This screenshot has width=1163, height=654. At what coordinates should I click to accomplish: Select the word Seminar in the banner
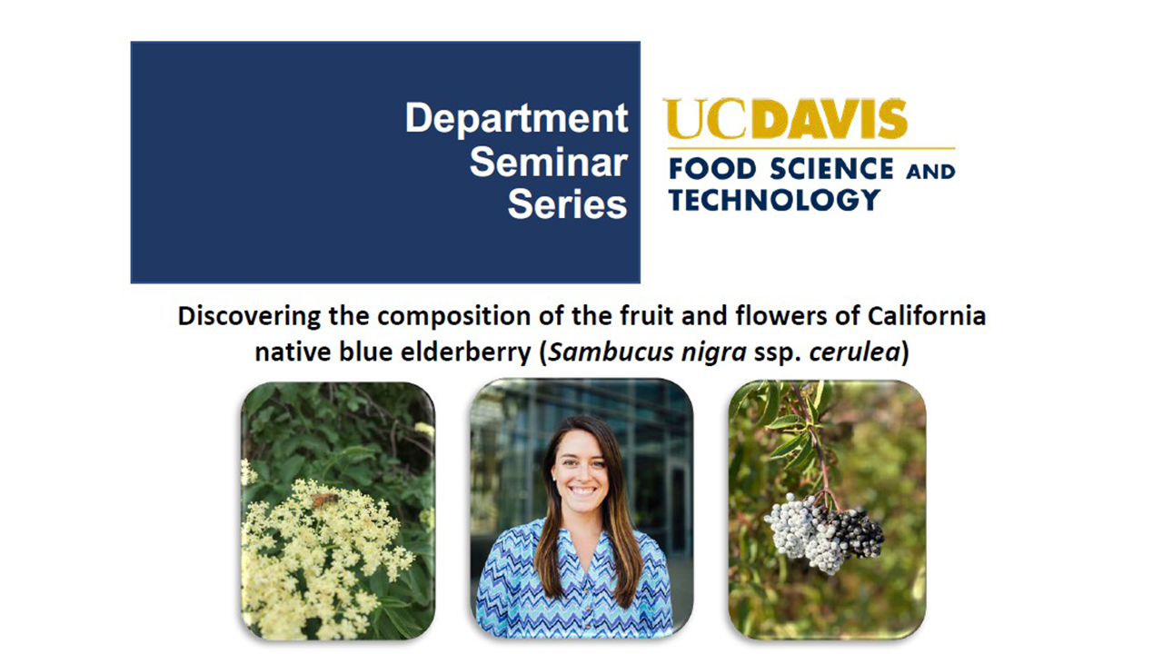[549, 163]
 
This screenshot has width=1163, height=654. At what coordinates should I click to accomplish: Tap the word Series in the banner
[568, 204]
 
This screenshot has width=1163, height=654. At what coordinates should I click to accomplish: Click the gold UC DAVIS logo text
[785, 119]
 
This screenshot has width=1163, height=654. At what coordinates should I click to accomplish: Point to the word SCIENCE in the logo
[831, 169]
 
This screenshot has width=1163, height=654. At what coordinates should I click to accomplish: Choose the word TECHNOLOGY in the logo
[774, 200]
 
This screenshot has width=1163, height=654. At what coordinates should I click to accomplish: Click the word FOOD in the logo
[713, 169]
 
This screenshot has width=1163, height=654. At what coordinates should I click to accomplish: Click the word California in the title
[926, 315]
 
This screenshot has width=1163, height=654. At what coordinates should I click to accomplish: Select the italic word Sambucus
[611, 352]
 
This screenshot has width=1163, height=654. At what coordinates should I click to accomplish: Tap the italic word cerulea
[854, 352]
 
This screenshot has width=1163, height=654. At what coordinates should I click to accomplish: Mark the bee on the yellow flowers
[324, 500]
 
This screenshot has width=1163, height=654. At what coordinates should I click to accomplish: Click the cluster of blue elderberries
[823, 532]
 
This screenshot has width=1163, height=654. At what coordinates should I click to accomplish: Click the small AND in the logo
[930, 172]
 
